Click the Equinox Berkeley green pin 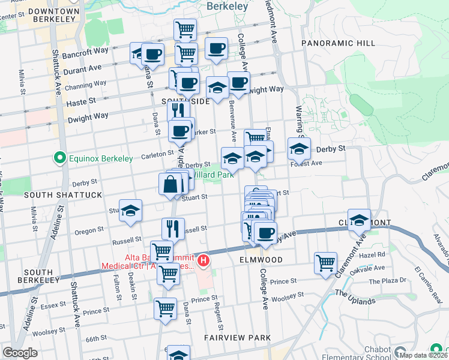click(59, 158)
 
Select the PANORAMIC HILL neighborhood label click(338, 43)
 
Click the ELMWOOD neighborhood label click(261, 260)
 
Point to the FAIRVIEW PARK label click(237, 338)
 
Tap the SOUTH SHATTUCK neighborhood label click(55, 195)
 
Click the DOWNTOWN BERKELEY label click(53, 16)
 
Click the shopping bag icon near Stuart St click(170, 184)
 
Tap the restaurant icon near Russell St click(173, 228)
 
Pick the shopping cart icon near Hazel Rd click(325, 262)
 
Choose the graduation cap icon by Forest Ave click(299, 148)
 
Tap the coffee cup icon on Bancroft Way click(152, 54)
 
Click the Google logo click(20, 353)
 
